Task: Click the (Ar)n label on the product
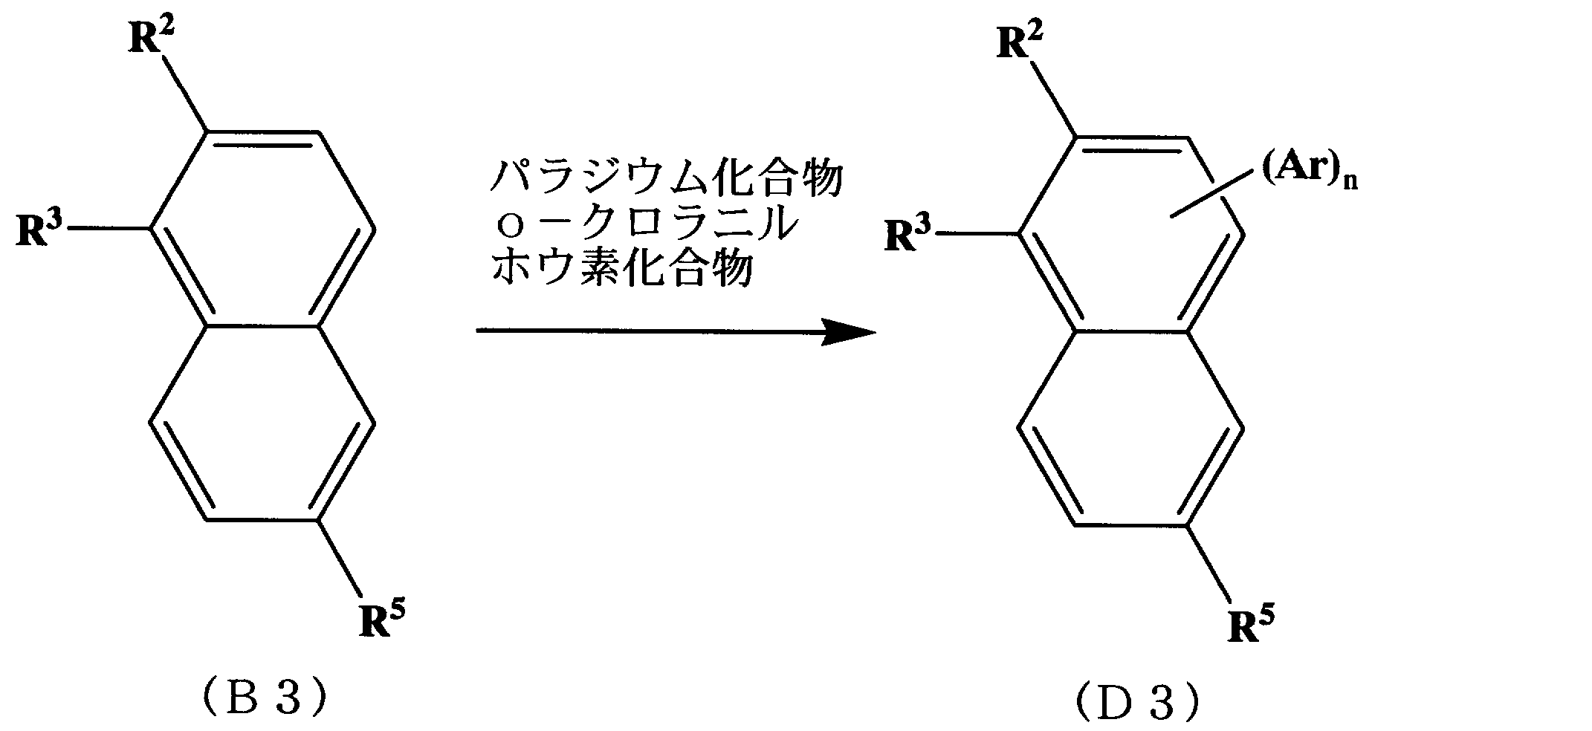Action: (x=1309, y=175)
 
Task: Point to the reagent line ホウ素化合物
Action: (x=621, y=270)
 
